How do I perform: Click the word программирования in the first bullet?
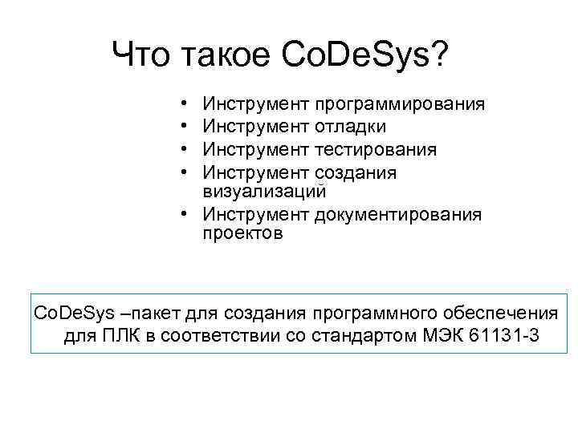click(399, 104)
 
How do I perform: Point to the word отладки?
click(350, 127)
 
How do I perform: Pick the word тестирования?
click(376, 150)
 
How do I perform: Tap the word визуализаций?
click(265, 191)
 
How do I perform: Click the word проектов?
click(243, 234)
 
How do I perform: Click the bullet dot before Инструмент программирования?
click(184, 104)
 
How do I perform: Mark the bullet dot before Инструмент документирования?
click(184, 214)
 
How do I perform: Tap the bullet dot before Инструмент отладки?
click(184, 127)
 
